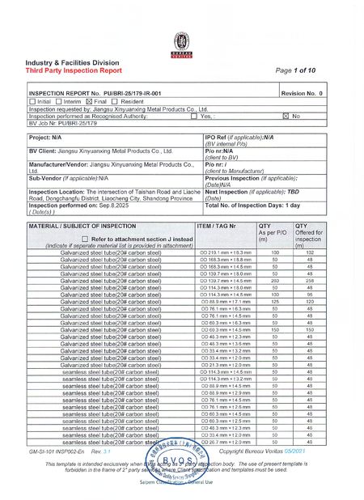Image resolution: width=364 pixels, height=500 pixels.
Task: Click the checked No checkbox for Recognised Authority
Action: point(285,116)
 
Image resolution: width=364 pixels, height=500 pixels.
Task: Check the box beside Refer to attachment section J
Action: point(86,218)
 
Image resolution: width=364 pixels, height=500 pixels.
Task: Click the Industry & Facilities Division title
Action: point(72,62)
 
